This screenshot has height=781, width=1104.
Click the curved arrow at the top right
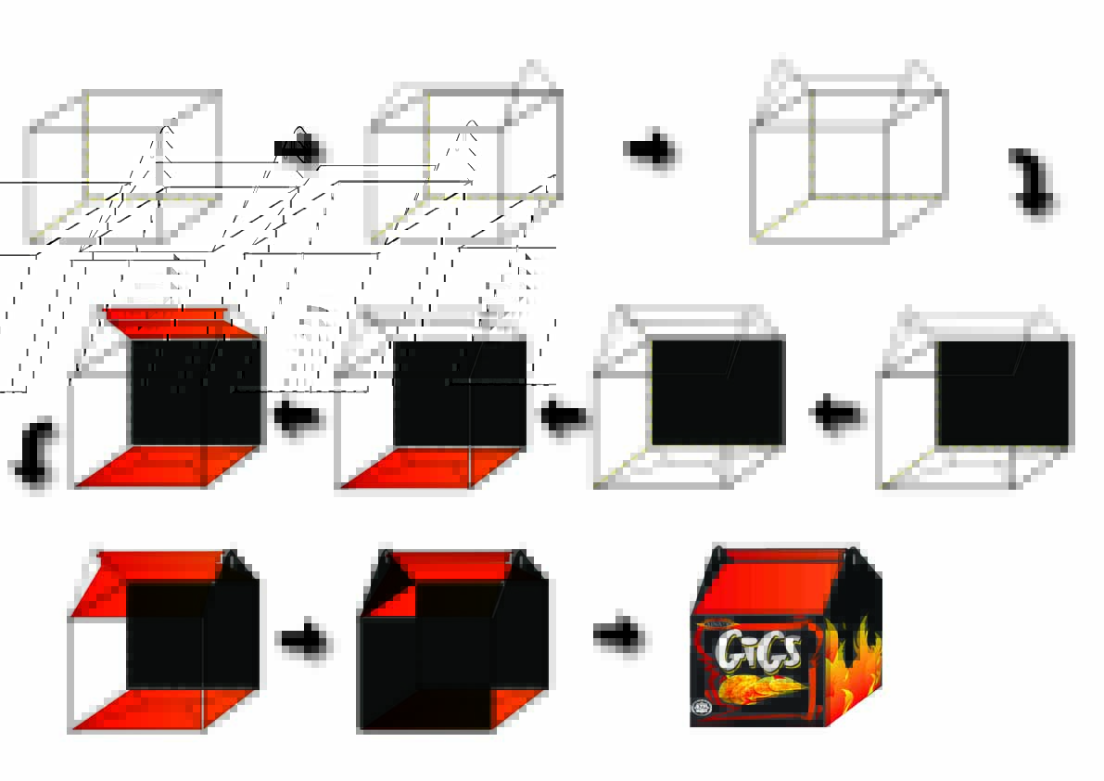(x=1034, y=181)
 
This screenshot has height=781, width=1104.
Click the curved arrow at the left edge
(x=32, y=452)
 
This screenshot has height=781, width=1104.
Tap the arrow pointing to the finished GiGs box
(x=618, y=635)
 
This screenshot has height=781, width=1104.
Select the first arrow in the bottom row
(x=303, y=639)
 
